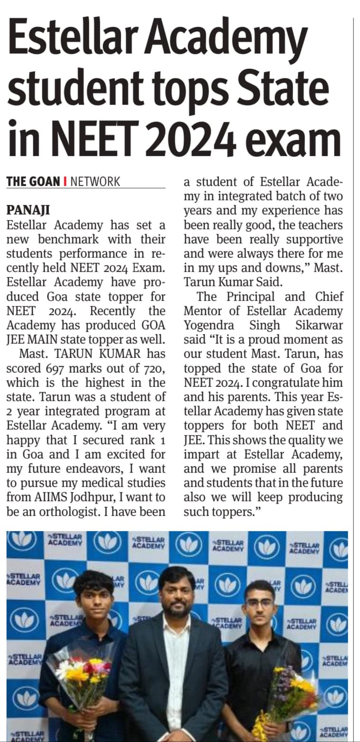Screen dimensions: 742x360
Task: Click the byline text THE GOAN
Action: click(33, 181)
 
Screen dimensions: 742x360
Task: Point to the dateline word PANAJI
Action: click(28, 209)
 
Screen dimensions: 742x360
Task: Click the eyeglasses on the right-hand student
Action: click(260, 604)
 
